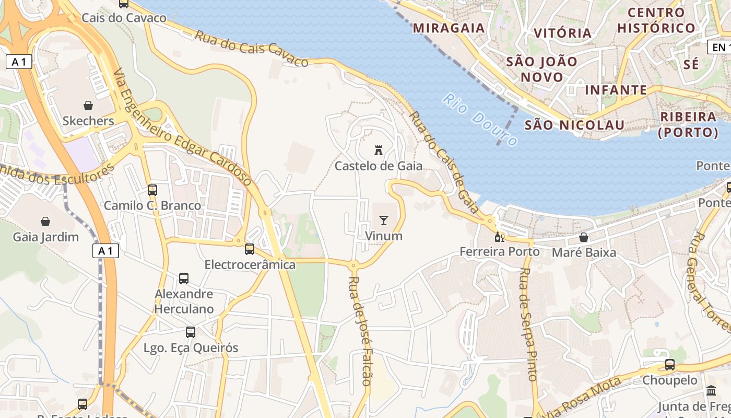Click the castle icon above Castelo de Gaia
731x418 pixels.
[x=379, y=151]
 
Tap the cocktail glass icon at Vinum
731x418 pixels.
[x=384, y=220]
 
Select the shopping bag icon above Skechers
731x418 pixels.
[x=88, y=106]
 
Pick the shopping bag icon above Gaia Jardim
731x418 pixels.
[x=45, y=222]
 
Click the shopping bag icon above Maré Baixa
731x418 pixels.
[x=584, y=237]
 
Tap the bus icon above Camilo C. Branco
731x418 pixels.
[x=152, y=190]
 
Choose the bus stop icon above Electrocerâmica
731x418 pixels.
[x=250, y=249]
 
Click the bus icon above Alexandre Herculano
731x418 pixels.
[x=184, y=278]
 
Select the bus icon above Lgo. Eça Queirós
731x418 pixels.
[x=191, y=332]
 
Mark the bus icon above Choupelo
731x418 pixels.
[x=670, y=365]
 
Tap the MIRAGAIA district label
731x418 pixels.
[x=449, y=28]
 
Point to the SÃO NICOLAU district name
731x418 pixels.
[x=574, y=125]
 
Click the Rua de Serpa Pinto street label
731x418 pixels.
[x=528, y=324]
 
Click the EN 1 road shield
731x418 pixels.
[x=720, y=48]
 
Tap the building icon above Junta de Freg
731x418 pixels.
[x=711, y=391]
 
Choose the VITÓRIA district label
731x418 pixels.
[x=562, y=33]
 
